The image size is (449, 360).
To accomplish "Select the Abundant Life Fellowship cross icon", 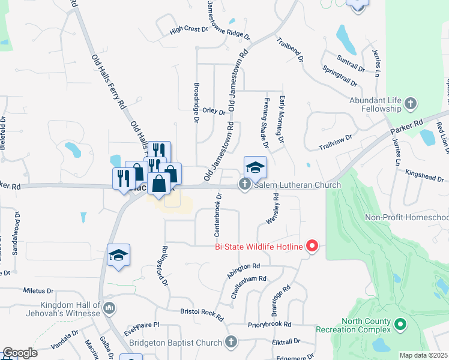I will pos(411,104).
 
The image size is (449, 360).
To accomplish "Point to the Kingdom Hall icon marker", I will pos(109,308).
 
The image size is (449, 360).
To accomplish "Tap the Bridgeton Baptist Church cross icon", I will pos(231,342).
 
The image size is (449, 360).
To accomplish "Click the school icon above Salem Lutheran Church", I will pos(255,167).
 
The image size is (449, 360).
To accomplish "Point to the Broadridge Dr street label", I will pos(196,103).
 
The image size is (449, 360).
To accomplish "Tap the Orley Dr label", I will pos(214,111).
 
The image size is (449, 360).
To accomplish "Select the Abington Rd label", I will pos(243,271).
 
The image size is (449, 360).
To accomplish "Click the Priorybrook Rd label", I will pos(269,325).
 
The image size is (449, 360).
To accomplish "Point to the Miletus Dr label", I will pos(38,290).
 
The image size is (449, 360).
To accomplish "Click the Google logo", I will pos(20,353).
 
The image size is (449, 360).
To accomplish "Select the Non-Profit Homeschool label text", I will pos(407,217).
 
